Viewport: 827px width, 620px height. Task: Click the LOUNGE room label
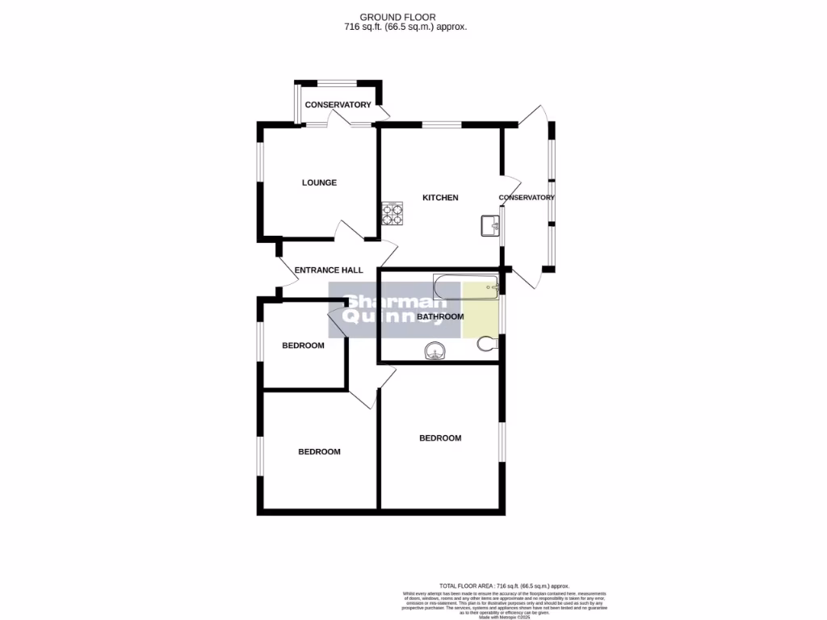[319, 182]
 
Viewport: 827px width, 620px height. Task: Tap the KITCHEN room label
[440, 198]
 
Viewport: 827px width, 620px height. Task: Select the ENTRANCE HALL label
[328, 270]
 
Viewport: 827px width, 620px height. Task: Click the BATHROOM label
[440, 317]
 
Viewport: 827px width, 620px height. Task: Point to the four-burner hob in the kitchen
[393, 213]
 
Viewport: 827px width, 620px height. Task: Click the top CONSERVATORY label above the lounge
[338, 105]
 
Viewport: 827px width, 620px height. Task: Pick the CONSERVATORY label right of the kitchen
[527, 198]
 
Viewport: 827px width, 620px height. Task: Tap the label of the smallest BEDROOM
[303, 346]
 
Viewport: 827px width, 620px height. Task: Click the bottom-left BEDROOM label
[319, 452]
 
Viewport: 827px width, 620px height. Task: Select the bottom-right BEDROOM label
[440, 438]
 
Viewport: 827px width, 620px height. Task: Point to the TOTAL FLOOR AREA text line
[504, 586]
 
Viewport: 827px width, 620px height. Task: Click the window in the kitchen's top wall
[441, 124]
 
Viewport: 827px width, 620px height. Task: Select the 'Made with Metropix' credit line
[504, 617]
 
